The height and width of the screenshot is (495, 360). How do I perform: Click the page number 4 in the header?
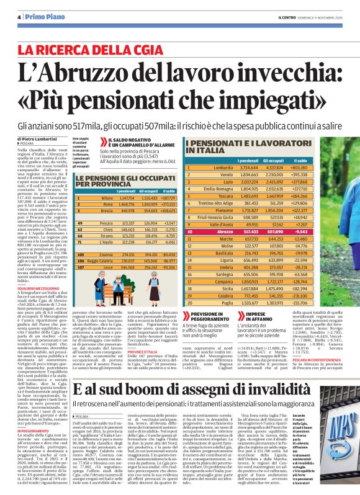coord(19,17)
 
